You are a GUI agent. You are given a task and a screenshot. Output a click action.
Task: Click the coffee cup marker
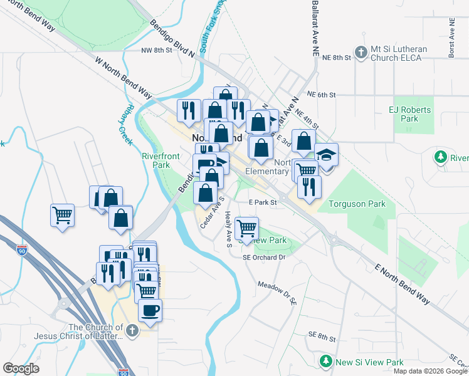tap(150, 310)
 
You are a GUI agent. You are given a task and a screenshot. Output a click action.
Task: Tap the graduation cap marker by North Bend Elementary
tap(326, 154)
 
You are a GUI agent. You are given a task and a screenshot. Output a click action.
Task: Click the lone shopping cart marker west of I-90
tap(63, 216)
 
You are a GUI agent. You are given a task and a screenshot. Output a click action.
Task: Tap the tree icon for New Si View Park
tap(325, 362)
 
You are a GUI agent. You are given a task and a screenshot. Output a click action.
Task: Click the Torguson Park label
tap(354, 204)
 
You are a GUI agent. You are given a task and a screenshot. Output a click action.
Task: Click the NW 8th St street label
tap(156, 51)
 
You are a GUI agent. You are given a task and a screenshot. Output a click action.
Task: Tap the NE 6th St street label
tap(322, 95)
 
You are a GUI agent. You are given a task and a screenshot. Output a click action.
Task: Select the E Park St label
tap(263, 202)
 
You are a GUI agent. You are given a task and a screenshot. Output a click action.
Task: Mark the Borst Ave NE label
tap(451, 39)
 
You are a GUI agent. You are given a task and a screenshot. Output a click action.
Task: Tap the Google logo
tap(21, 368)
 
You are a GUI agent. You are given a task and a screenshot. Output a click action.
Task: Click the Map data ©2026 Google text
tap(430, 371)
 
